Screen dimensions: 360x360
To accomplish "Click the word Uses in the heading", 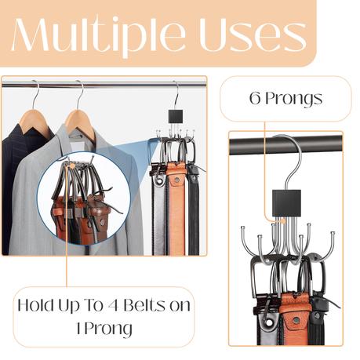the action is pyautogui.click(x=253, y=36).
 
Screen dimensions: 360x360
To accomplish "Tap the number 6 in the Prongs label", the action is pyautogui.click(x=255, y=98).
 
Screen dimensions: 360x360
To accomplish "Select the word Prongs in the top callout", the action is pyautogui.click(x=294, y=100).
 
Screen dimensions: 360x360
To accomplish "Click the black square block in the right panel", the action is pyautogui.click(x=286, y=203).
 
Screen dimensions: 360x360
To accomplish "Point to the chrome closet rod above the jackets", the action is pyautogui.click(x=104, y=85).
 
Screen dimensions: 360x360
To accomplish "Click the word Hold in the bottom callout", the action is pyautogui.click(x=35, y=305).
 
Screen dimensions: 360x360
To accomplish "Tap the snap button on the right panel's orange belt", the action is pyautogui.click(x=296, y=321).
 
